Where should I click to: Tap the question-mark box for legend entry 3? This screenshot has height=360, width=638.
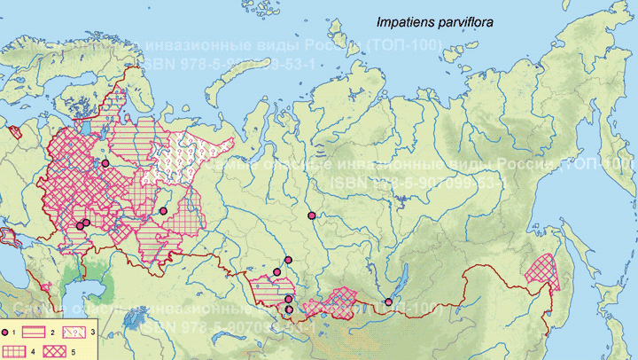(105, 331)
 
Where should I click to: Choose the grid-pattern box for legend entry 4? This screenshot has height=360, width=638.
(18, 350)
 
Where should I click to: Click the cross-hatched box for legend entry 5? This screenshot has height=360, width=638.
(60, 350)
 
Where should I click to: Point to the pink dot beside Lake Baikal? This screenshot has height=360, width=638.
(388, 302)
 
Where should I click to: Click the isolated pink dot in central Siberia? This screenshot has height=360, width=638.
(311, 215)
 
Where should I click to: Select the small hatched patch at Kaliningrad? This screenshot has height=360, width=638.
(14, 133)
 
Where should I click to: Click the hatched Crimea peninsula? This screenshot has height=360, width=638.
(12, 238)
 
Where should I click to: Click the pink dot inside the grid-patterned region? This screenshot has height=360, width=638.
(163, 210)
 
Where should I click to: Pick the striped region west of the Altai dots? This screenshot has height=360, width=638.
(266, 290)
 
